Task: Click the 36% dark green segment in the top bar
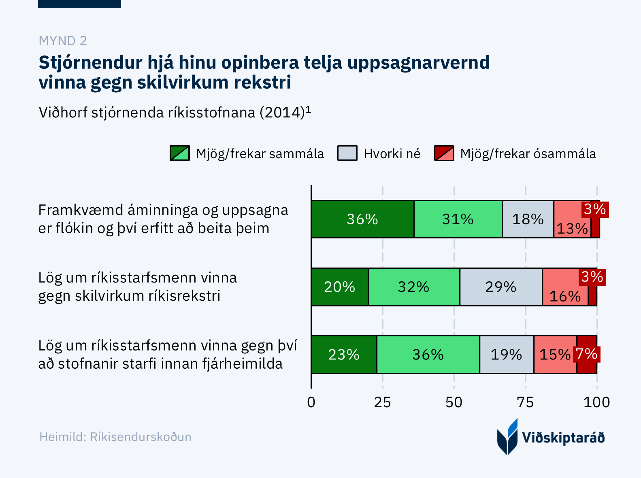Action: [362, 219]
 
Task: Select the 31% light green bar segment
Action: [458, 219]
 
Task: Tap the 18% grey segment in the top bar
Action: [528, 219]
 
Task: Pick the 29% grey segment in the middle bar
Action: [500, 287]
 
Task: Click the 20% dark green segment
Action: [339, 287]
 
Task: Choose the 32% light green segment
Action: [413, 287]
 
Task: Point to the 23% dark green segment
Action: [343, 355]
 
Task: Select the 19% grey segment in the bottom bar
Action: [506, 355]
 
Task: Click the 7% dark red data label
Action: [587, 354]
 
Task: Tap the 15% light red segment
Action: [555, 355]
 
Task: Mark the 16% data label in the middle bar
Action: [565, 296]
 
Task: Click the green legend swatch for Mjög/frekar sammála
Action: [180, 153]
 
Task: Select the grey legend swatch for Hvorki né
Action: [347, 153]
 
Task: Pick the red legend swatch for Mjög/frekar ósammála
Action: [444, 153]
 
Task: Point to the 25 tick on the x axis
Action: [382, 402]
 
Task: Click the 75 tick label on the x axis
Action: [525, 402]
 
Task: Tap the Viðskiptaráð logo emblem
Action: [507, 437]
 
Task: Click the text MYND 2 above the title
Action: [63, 41]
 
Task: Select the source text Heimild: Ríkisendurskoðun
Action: [115, 437]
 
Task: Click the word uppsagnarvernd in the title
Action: [419, 63]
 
